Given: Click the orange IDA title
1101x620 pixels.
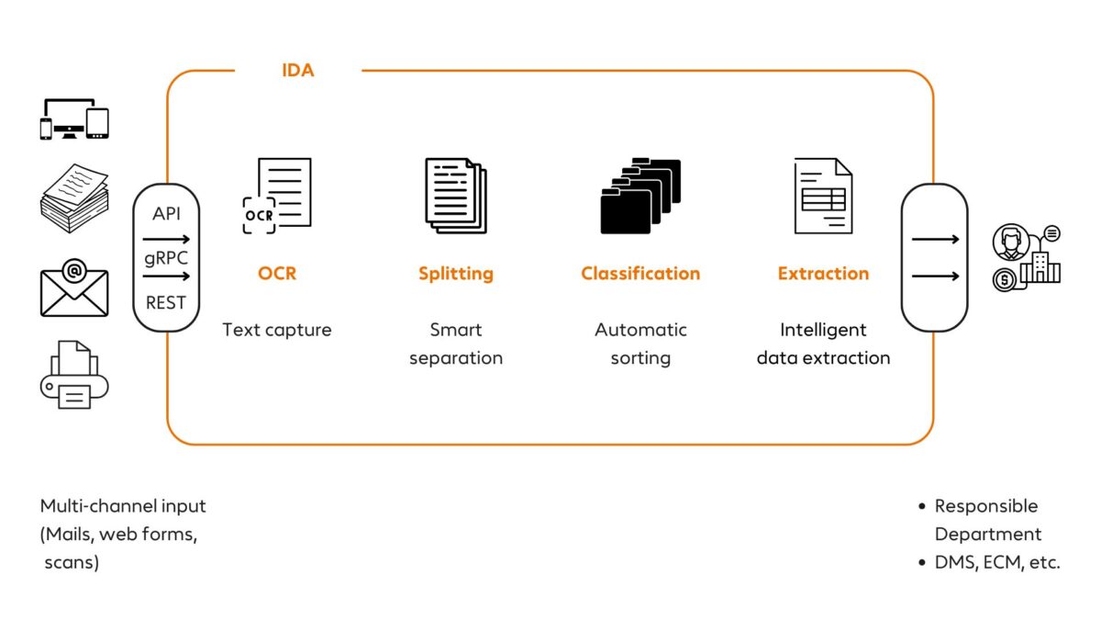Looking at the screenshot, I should tap(297, 70).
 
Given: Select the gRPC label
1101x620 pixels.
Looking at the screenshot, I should tap(166, 258).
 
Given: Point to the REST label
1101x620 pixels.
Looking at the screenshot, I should tap(166, 302).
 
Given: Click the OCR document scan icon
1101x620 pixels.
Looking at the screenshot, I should tap(277, 196).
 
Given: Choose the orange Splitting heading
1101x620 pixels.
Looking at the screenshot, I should tap(456, 274).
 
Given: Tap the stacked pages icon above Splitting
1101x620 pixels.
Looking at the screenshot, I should tap(456, 195).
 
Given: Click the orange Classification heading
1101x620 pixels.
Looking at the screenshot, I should tap(640, 274).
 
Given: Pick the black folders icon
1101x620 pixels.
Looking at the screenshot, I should tap(640, 196).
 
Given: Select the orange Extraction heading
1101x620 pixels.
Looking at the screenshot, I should tap(823, 274).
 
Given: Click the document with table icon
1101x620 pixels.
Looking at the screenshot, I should tap(823, 196).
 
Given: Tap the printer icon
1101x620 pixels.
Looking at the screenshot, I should tap(74, 375).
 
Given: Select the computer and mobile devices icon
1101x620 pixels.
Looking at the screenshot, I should tap(74, 120).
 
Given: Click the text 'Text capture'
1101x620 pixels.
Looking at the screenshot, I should tap(277, 330).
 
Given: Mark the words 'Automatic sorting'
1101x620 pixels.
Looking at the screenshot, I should tap(640, 344).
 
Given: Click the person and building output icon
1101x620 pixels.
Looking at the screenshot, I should tap(1027, 258).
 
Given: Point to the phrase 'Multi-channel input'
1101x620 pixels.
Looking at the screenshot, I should tap(123, 506).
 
